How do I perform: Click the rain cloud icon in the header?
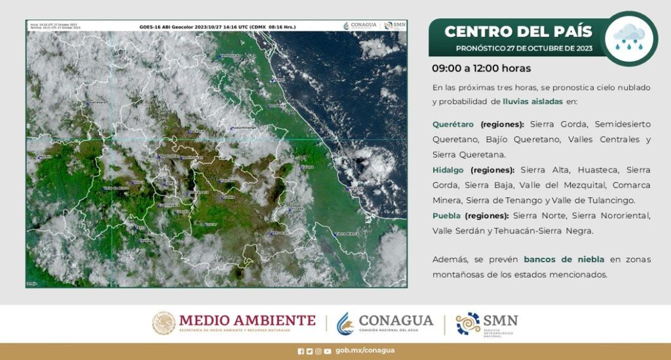pyautogui.click(x=629, y=38)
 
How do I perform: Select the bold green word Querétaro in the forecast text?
pyautogui.click(x=454, y=123)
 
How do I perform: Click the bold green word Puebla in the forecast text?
pyautogui.click(x=446, y=215)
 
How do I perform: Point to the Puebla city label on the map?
pyautogui.click(x=228, y=196)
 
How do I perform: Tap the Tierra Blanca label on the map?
pyautogui.click(x=347, y=233)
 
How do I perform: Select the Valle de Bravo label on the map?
pyautogui.click(x=116, y=188)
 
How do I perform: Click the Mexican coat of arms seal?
pyautogui.click(x=164, y=323)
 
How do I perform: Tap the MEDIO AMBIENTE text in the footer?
pyautogui.click(x=247, y=321)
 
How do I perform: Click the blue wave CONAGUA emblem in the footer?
pyautogui.click(x=345, y=323)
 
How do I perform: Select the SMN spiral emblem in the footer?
pyautogui.click(x=468, y=323)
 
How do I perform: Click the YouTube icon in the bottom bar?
pyautogui.click(x=327, y=351)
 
